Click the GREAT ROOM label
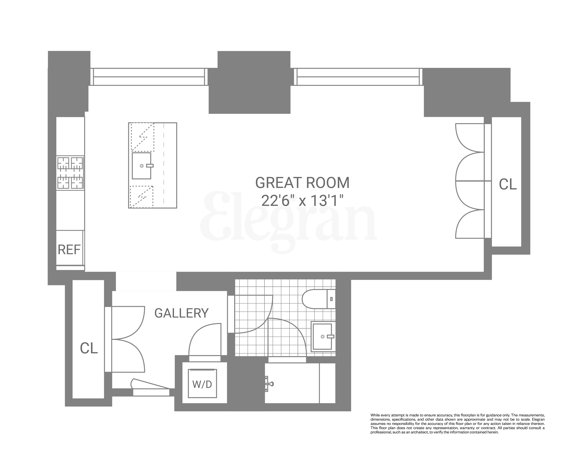[x=302, y=183]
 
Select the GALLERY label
[x=182, y=313]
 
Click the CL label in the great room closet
[x=508, y=185]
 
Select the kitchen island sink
[x=142, y=166]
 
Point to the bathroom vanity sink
[x=322, y=336]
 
